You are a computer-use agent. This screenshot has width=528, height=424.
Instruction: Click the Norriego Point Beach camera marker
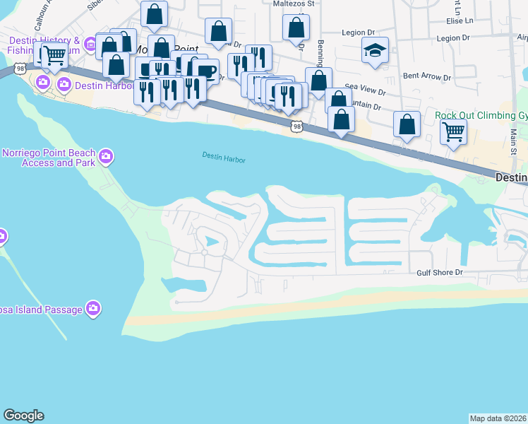click(106, 156)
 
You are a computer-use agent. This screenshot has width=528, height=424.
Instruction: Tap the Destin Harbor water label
click(223, 157)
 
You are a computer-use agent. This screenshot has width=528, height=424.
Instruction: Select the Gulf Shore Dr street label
click(438, 271)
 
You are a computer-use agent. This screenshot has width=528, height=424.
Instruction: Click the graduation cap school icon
click(376, 50)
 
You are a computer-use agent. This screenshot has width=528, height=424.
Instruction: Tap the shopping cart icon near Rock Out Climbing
click(452, 130)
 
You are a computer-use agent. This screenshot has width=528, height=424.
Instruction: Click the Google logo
click(23, 416)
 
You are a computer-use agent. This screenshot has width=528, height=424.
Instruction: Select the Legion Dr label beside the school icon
click(358, 33)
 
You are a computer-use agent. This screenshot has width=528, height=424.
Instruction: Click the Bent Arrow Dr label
click(427, 76)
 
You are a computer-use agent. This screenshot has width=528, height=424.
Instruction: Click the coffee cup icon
click(205, 71)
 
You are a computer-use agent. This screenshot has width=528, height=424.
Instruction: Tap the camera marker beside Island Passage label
click(93, 307)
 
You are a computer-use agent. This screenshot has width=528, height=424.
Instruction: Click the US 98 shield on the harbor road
click(297, 126)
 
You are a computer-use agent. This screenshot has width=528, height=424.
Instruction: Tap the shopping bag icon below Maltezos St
click(296, 27)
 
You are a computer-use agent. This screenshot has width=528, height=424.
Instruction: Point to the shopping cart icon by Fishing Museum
click(54, 54)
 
